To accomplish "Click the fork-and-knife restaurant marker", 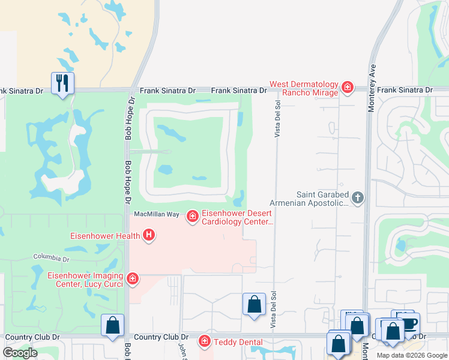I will (x=62, y=83).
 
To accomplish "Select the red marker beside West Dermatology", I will (x=347, y=88).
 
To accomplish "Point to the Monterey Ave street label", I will (x=373, y=84).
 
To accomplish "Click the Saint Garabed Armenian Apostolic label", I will (x=322, y=199).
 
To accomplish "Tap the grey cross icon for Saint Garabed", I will (x=358, y=198).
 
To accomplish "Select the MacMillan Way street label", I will (x=156, y=214).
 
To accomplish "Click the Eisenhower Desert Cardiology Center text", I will (x=237, y=217).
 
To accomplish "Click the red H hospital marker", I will (x=148, y=235).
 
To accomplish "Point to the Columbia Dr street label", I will (x=51, y=258).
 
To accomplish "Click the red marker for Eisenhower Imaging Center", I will (x=133, y=279).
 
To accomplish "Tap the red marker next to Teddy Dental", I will (x=205, y=341).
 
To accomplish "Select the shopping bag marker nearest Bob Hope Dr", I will (x=112, y=326).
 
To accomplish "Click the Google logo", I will (x=20, y=353).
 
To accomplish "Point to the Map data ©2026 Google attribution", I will (x=412, y=355).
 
